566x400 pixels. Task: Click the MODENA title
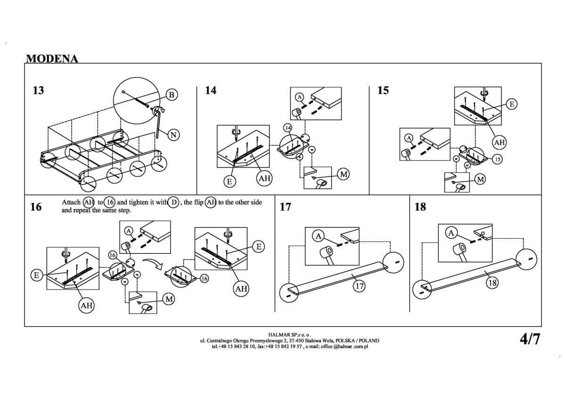tap(52, 58)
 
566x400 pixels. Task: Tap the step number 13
tap(38, 90)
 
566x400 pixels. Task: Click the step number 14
tap(211, 90)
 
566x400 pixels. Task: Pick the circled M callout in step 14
tap(344, 175)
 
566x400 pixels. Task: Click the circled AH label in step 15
tap(499, 142)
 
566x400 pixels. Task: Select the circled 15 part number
tap(498, 159)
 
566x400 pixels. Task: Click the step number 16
tap(36, 207)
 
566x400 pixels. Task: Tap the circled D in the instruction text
tap(174, 202)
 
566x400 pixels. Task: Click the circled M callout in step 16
tap(169, 299)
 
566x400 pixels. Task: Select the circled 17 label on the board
tap(359, 285)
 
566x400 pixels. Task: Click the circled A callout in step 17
tap(319, 235)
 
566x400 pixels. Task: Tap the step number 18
tap(420, 207)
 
